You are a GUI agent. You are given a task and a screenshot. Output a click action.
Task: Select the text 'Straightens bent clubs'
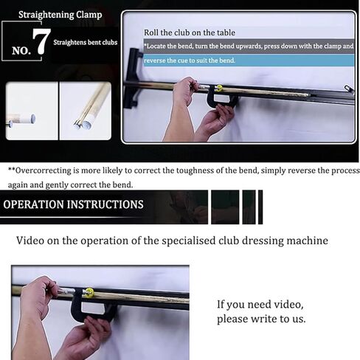coord(85,42)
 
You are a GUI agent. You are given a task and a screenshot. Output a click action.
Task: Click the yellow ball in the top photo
coord(219,88)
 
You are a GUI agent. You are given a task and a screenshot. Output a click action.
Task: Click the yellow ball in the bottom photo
coord(89,292)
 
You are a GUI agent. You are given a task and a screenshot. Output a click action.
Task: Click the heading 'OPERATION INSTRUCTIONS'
coord(74,204)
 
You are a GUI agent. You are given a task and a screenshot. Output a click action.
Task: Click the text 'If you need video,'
coord(260,305)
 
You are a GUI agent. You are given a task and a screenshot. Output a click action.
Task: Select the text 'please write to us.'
coord(261,319)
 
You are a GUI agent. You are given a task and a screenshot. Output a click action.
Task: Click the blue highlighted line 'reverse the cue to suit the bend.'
coord(190,60)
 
